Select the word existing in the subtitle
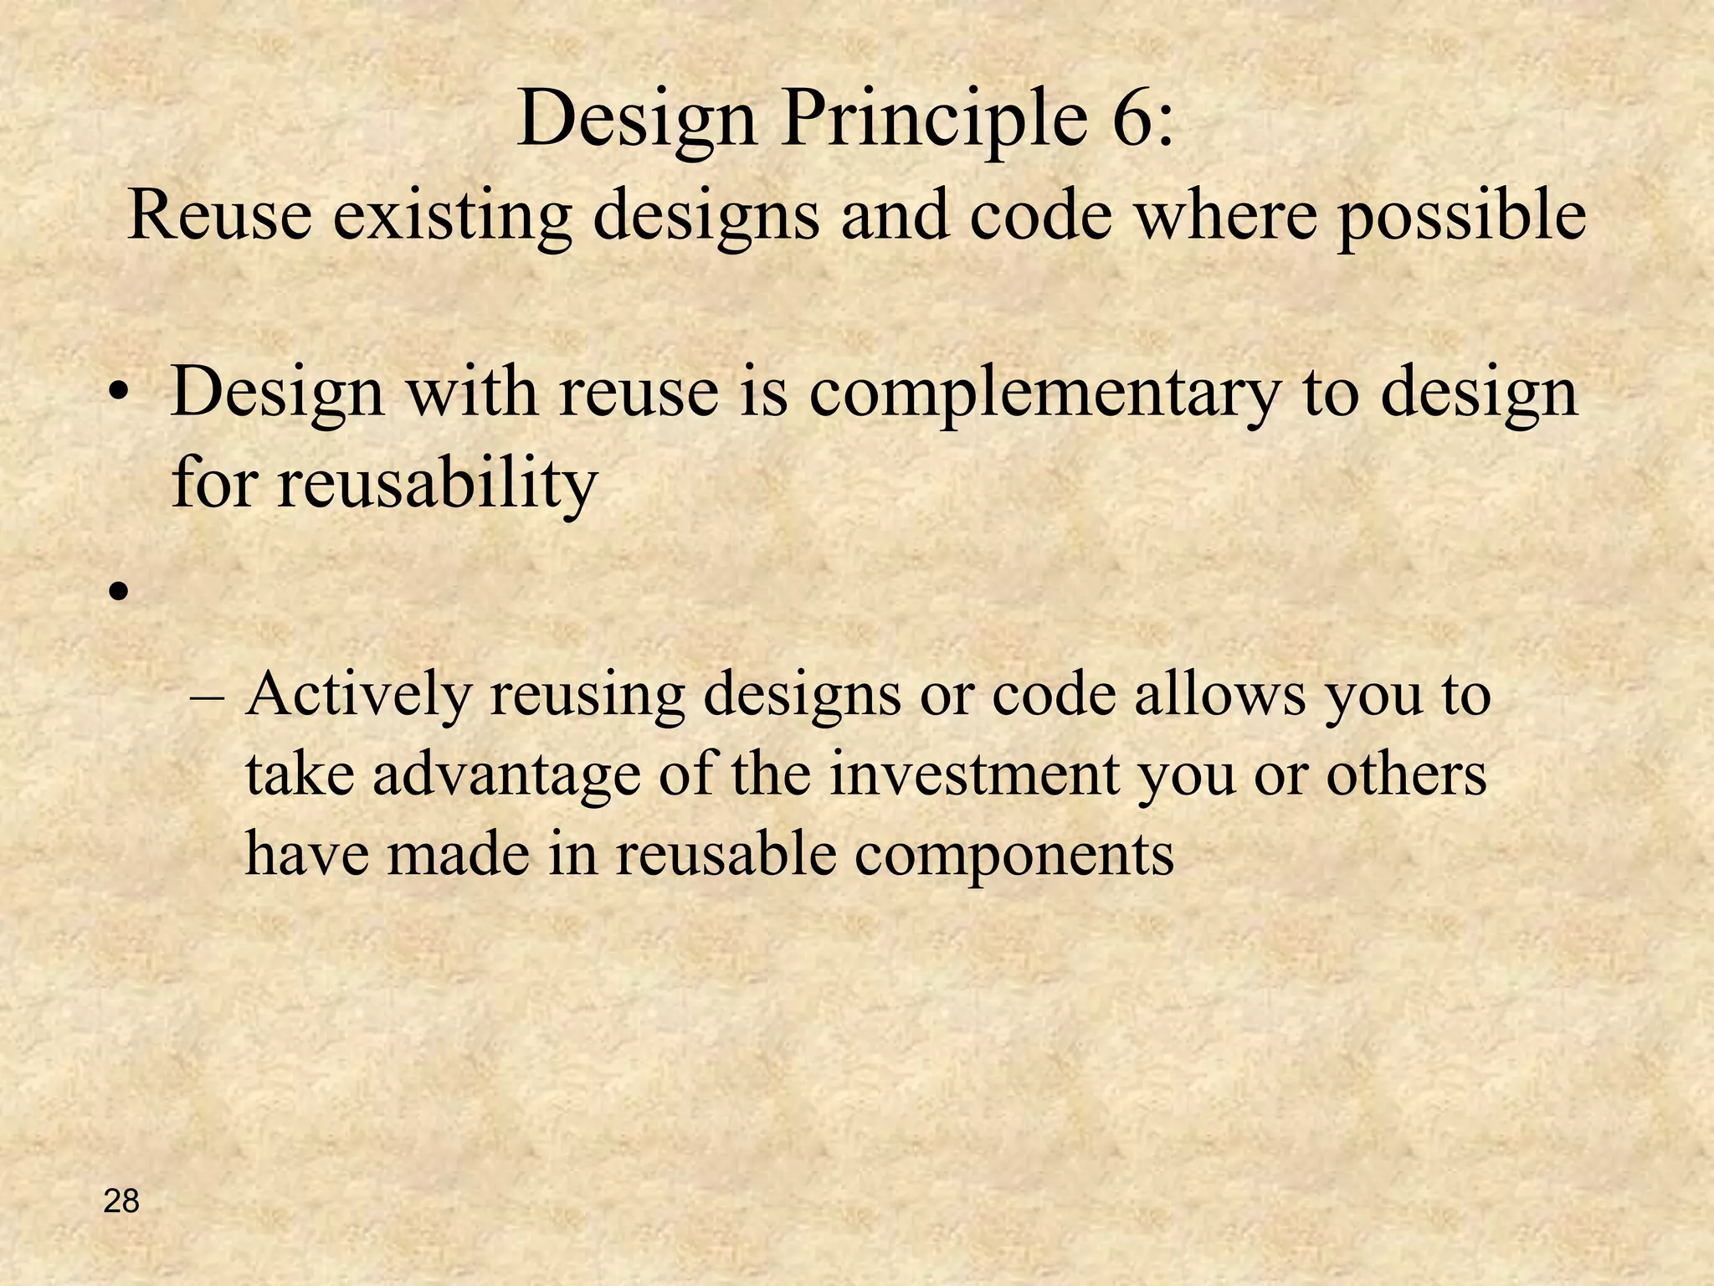453,216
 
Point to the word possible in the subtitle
1460,216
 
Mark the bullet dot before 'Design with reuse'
120,394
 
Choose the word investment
975,774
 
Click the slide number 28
121,1202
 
